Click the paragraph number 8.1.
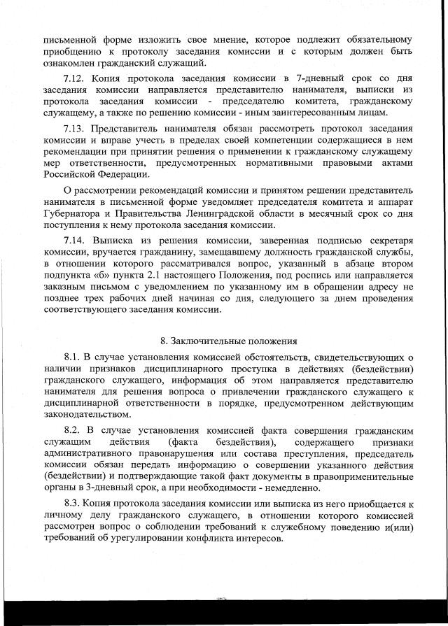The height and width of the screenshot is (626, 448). point(73,358)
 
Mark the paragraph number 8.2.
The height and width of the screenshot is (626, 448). point(73,428)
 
